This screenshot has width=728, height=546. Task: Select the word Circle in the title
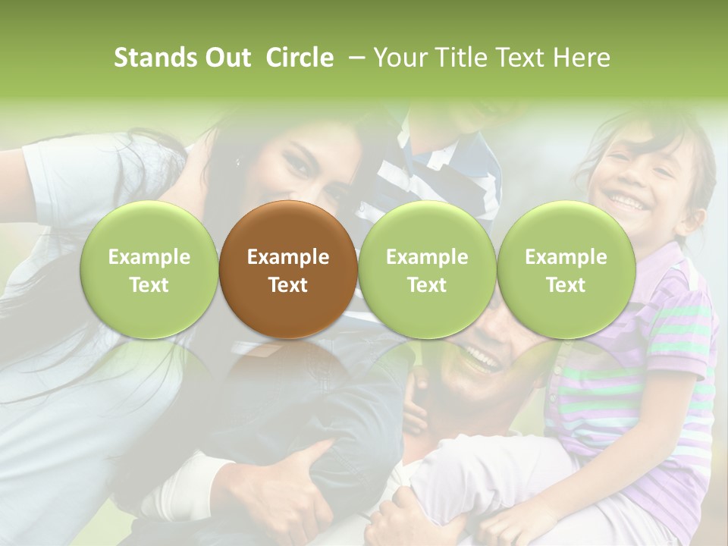click(x=300, y=58)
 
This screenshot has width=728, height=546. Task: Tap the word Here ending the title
click(x=582, y=58)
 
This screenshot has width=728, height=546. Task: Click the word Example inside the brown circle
click(x=288, y=257)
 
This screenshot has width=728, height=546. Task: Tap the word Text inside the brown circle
click(x=288, y=285)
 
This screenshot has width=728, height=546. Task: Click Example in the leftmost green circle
click(x=149, y=257)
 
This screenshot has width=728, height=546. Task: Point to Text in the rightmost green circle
click(x=566, y=285)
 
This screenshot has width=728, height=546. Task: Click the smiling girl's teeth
click(x=628, y=201)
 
